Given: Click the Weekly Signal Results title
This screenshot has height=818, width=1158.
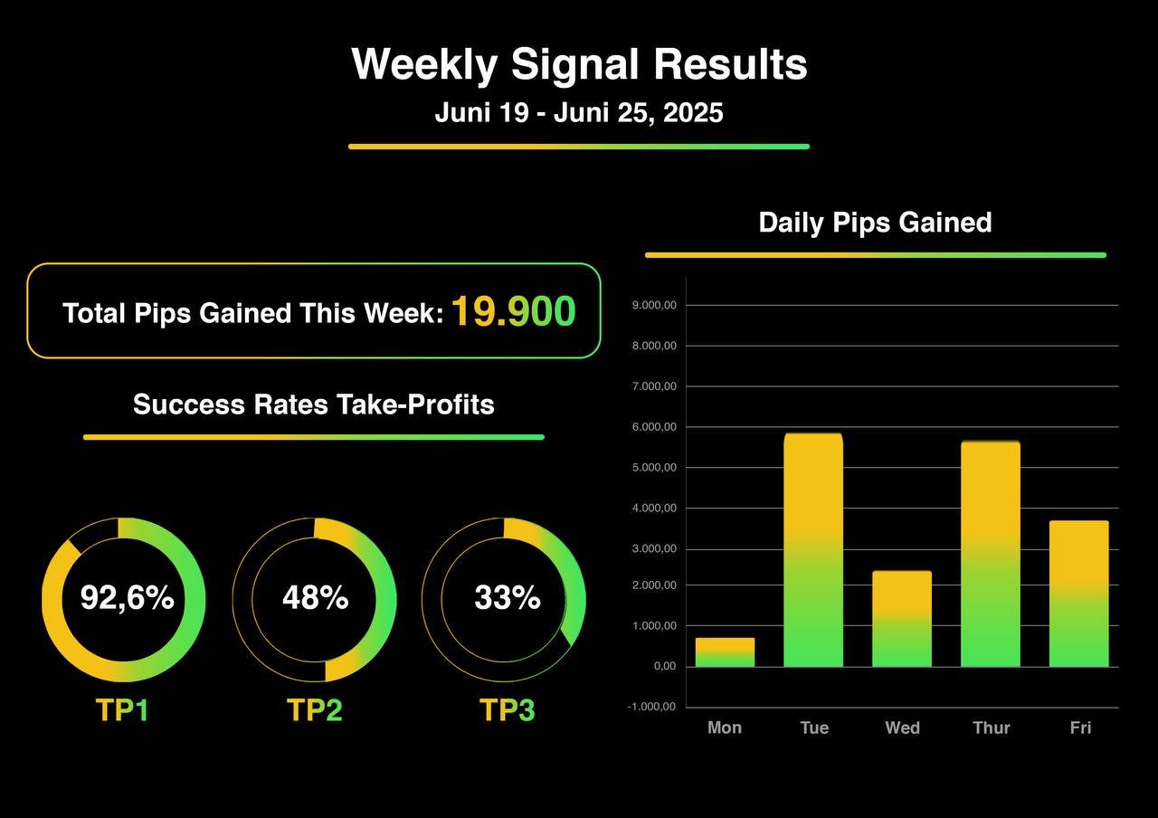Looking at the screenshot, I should (x=579, y=65).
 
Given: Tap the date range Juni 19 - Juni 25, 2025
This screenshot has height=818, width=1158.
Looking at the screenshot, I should (x=579, y=113).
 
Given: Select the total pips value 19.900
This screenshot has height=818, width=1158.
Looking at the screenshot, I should (x=513, y=312).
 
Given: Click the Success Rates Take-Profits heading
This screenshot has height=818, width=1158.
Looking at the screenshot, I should (x=313, y=404).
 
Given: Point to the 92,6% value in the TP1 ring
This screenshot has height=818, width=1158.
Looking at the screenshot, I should (x=127, y=598).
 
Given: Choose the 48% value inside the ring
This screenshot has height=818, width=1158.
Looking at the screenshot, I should (x=315, y=598).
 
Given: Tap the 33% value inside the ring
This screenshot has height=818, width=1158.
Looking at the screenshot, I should (x=507, y=598).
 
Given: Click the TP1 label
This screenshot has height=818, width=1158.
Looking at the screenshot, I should (x=122, y=710).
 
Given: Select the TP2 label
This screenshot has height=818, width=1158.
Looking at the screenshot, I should (x=314, y=710).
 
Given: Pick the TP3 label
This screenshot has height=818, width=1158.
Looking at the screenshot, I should (x=507, y=710).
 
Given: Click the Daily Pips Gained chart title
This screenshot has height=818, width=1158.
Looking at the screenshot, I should (x=875, y=223).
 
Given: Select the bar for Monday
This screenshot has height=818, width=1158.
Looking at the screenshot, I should (x=725, y=652).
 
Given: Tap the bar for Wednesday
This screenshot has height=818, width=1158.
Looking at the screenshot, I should (x=902, y=619).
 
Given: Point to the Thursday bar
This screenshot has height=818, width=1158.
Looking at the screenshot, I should (x=991, y=554).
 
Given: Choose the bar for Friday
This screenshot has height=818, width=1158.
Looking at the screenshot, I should (x=1079, y=594).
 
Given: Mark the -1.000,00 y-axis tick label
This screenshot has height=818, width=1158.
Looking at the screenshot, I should (x=651, y=708).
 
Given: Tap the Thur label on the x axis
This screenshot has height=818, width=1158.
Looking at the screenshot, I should (x=991, y=728).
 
